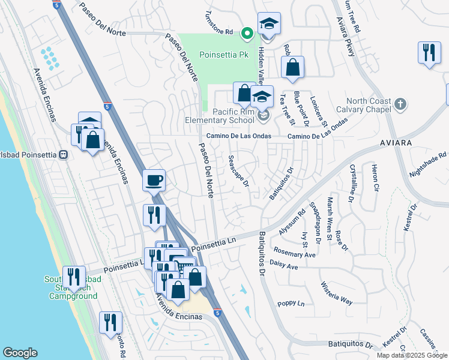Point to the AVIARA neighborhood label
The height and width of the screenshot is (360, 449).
[395, 143]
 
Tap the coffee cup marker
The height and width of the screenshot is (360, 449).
[154, 179]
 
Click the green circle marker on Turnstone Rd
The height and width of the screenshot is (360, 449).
[247, 33]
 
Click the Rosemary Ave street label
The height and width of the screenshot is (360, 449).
[294, 253]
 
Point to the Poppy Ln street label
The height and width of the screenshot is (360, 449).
[292, 304]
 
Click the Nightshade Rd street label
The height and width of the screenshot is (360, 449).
[429, 164]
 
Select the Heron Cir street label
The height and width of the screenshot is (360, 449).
[375, 177]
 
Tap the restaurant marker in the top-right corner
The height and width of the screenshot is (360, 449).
[429, 53]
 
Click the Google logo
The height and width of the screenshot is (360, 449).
[20, 353]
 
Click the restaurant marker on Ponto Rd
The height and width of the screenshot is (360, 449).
[110, 322]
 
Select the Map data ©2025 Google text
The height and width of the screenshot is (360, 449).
[412, 355]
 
